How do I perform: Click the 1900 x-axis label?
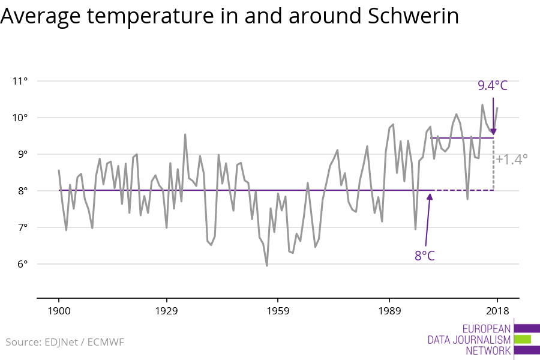tap(59, 311)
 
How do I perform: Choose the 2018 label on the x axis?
tap(497, 311)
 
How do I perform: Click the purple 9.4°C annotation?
tap(493, 86)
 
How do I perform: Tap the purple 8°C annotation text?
tap(424, 256)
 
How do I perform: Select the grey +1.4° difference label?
tap(511, 159)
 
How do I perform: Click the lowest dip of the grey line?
tap(266, 265)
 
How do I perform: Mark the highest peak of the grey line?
tap(482, 105)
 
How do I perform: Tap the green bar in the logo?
tap(523, 339)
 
